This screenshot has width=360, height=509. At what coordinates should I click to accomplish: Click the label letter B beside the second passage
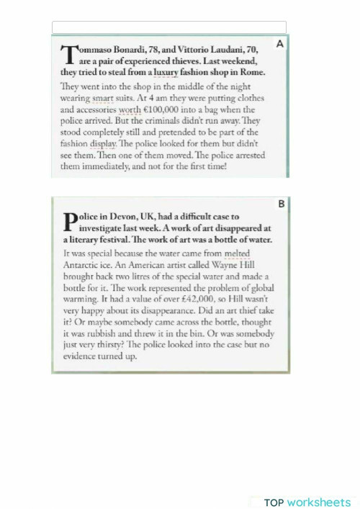click(x=282, y=204)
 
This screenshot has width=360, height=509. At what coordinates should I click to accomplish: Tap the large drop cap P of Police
click(x=70, y=220)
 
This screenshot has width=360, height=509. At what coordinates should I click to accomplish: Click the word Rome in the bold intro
click(x=253, y=72)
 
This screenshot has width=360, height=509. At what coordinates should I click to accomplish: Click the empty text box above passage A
click(x=169, y=27)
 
